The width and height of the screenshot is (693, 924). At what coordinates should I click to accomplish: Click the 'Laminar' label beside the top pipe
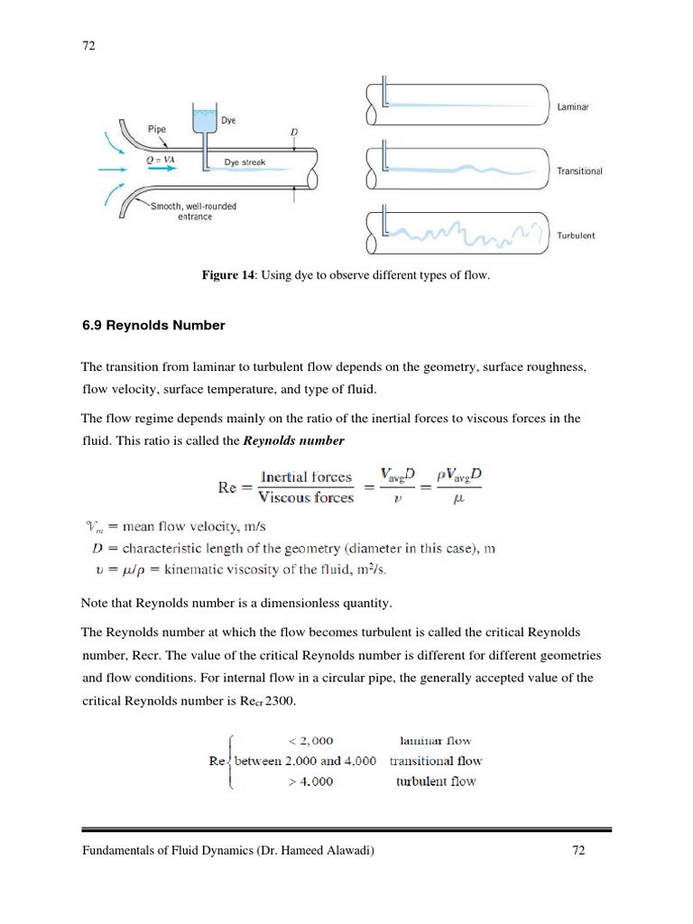tap(574, 107)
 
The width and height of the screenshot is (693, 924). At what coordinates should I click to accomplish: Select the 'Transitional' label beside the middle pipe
tap(579, 171)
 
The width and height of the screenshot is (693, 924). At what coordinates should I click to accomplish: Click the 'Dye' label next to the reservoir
tap(228, 118)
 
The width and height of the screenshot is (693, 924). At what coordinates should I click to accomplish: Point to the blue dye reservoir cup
tap(205, 120)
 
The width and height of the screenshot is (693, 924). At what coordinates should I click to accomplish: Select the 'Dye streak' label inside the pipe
tap(245, 162)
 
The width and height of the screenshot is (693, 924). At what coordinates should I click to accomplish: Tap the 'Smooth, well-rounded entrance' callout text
tap(193, 211)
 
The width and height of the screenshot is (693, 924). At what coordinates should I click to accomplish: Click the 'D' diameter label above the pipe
tap(293, 133)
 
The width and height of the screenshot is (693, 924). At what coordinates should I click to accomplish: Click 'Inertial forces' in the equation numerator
tap(306, 476)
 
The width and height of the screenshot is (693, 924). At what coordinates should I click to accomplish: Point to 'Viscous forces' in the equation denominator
tap(306, 497)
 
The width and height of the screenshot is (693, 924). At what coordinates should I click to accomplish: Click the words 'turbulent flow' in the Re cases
tap(436, 781)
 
